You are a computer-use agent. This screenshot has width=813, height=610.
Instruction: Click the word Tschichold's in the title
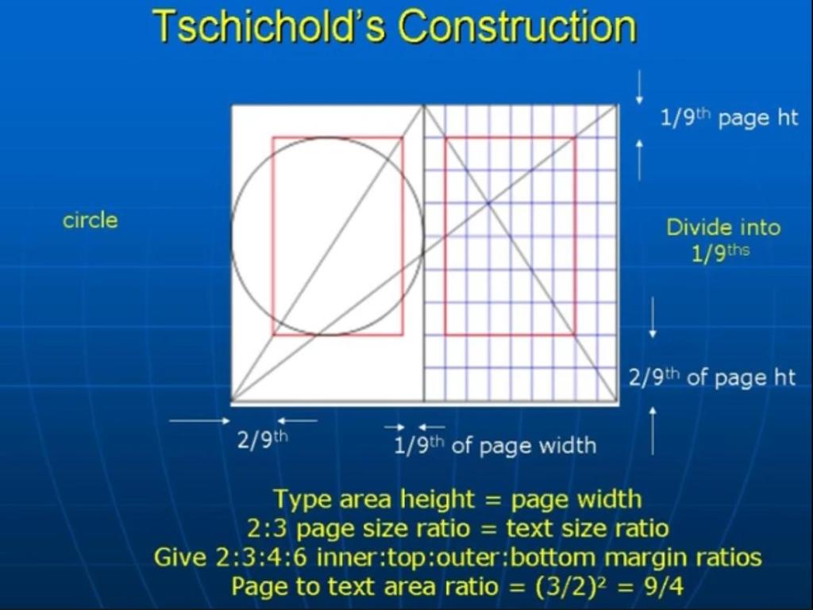pos(270,26)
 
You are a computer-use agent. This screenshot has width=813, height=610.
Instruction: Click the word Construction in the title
pos(518,26)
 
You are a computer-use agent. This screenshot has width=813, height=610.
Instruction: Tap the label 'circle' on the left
pos(91,220)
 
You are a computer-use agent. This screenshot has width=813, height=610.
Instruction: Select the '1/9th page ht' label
pos(729,118)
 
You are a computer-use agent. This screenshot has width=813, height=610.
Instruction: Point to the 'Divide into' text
pos(723,228)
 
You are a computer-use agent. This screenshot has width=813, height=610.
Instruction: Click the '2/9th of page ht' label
pos(712,378)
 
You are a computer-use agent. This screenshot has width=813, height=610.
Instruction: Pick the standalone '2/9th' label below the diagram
pos(262,440)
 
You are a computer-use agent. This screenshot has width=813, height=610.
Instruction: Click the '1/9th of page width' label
pos(495,445)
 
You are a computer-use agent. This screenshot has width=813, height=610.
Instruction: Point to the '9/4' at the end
pos(664,587)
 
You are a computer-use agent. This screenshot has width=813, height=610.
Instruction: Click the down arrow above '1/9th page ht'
pos(639,86)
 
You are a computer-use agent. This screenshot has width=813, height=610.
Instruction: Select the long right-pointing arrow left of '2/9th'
pos(199,421)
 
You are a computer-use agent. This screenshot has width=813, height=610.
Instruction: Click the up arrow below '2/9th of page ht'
pos(653,431)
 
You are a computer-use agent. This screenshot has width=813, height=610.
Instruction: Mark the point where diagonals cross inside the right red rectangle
pos(488,204)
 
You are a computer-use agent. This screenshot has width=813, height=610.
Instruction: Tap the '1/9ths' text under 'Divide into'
pos(721,253)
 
